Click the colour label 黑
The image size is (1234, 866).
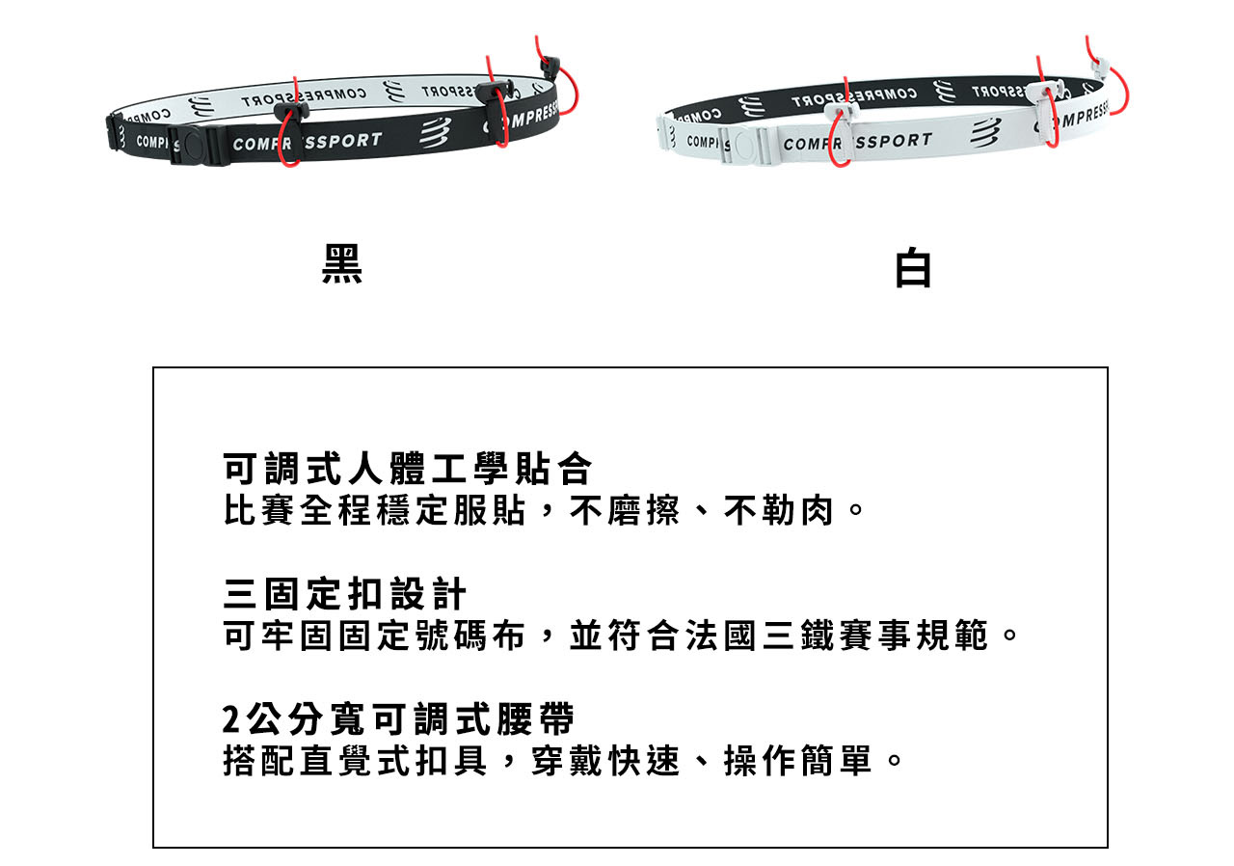[342, 264]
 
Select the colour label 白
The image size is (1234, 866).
[913, 268]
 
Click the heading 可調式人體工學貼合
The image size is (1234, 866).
[408, 469]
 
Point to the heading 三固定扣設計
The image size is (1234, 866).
[345, 594]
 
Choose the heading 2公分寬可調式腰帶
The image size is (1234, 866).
[398, 718]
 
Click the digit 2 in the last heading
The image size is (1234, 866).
[230, 719]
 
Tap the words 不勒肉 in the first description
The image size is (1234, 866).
[778, 511]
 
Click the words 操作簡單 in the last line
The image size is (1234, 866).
[798, 760]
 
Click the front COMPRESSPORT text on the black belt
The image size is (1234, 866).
[307, 142]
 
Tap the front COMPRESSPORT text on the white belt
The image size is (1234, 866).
[857, 142]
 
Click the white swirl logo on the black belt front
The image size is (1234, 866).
[435, 133]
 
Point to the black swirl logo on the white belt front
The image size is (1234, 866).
[985, 133]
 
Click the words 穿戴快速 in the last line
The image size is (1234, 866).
[605, 760]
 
